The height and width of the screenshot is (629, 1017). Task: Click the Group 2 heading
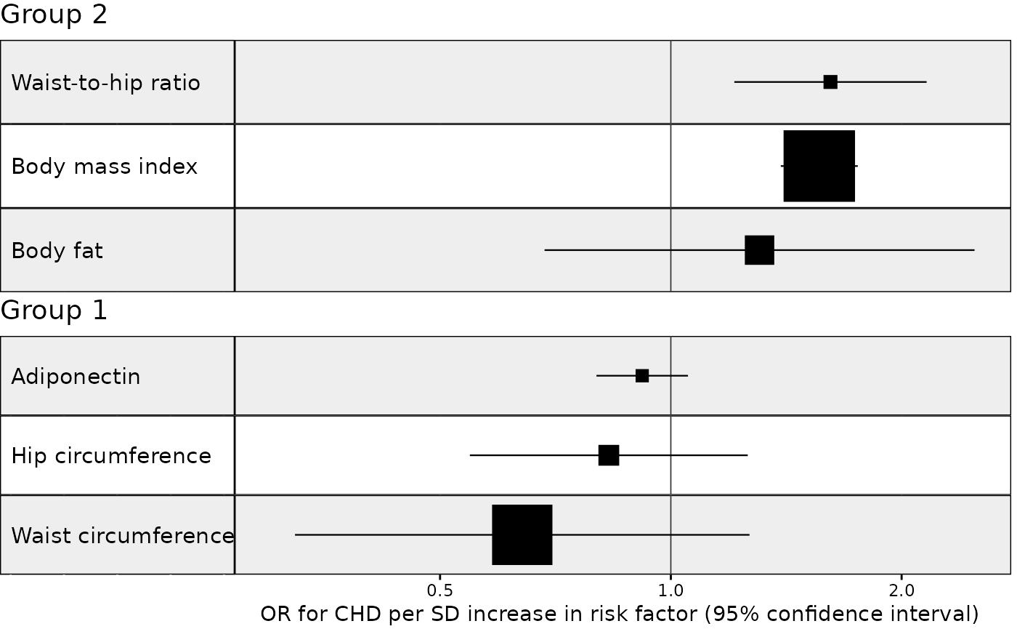pos(54,15)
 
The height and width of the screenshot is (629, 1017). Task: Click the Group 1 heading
pos(54,311)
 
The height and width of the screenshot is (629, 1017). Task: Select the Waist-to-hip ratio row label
pos(106,83)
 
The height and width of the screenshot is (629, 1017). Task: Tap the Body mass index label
pos(105,167)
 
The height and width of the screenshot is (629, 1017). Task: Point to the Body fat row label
pos(57,251)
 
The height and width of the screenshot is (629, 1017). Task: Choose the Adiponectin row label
pos(76,377)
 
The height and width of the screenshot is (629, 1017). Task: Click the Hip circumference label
pos(111,456)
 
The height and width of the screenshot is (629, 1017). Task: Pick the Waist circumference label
pos(123,536)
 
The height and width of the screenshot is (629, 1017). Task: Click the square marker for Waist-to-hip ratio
pos(830,82)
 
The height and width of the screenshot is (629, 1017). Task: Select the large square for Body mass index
pos(819,166)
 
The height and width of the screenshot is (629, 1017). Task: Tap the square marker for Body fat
pos(759,250)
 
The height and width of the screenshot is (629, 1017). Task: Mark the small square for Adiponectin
pos(642,375)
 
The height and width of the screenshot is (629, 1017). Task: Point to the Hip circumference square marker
pos(609,455)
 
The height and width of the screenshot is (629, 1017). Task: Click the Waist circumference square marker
pos(522,534)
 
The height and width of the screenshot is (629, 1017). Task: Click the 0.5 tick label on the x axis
pos(440,588)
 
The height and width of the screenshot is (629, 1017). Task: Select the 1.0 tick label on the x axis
pos(670,588)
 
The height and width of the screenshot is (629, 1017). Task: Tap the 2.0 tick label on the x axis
pos(901,588)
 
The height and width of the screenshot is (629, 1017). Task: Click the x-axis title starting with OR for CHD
pos(620,613)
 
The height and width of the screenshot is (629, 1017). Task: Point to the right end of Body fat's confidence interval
pos(973,250)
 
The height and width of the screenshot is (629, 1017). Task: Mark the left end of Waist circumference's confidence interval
pos(296,534)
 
